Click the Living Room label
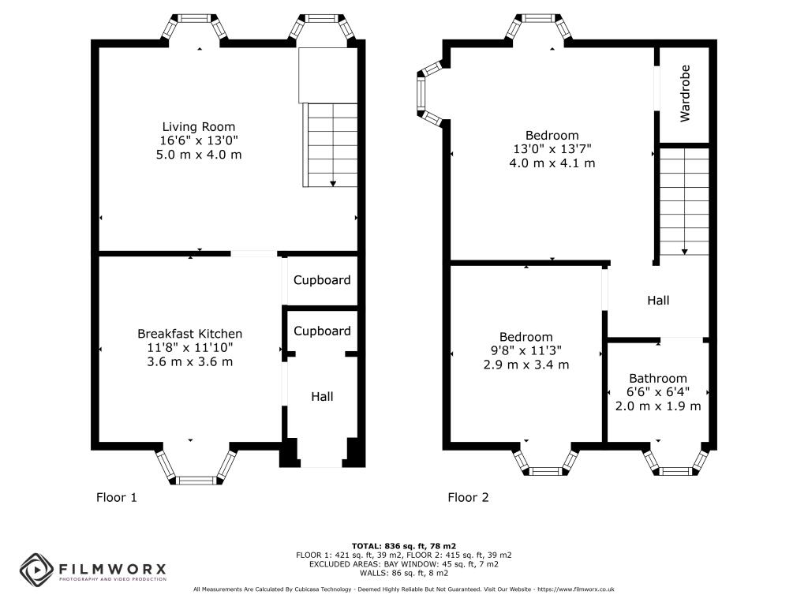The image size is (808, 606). point(198,127)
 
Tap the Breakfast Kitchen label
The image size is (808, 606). point(189,334)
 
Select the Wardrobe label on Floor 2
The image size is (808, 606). point(685,93)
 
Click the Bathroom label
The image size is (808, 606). point(657,378)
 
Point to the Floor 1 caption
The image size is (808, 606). point(117,497)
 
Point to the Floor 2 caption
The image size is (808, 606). point(468,497)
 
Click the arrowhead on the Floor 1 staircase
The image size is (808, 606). point(333,183)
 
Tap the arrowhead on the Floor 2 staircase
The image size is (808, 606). point(684,252)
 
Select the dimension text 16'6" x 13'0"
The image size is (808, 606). point(198,140)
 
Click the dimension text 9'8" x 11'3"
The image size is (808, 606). point(526,350)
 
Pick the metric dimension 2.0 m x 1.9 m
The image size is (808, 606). point(658,406)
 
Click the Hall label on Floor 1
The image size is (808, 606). point(322,396)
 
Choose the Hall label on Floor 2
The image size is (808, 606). point(658,301)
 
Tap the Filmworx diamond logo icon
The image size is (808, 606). point(36,570)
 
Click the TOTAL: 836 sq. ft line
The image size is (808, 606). point(404,546)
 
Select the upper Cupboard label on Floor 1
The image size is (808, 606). point(322,280)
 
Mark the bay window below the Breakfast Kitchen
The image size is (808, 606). point(196,466)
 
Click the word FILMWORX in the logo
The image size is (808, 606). point(112,569)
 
